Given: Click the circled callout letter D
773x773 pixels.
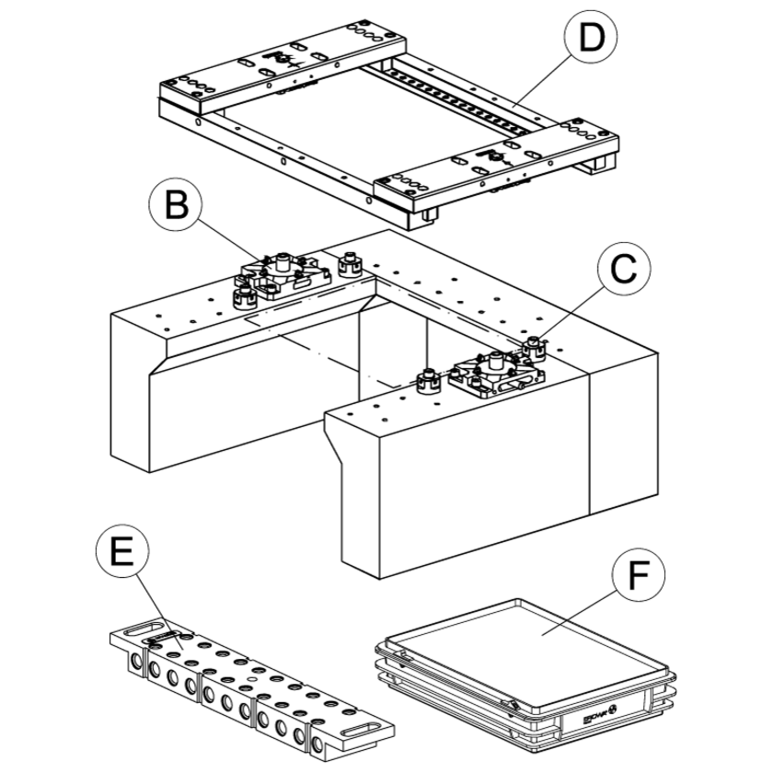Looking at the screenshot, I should click(x=589, y=39).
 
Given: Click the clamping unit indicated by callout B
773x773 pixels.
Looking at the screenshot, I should click(x=281, y=275).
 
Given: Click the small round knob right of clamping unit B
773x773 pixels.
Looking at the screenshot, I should click(x=350, y=263).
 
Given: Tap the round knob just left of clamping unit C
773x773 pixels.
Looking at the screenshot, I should click(x=428, y=379).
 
